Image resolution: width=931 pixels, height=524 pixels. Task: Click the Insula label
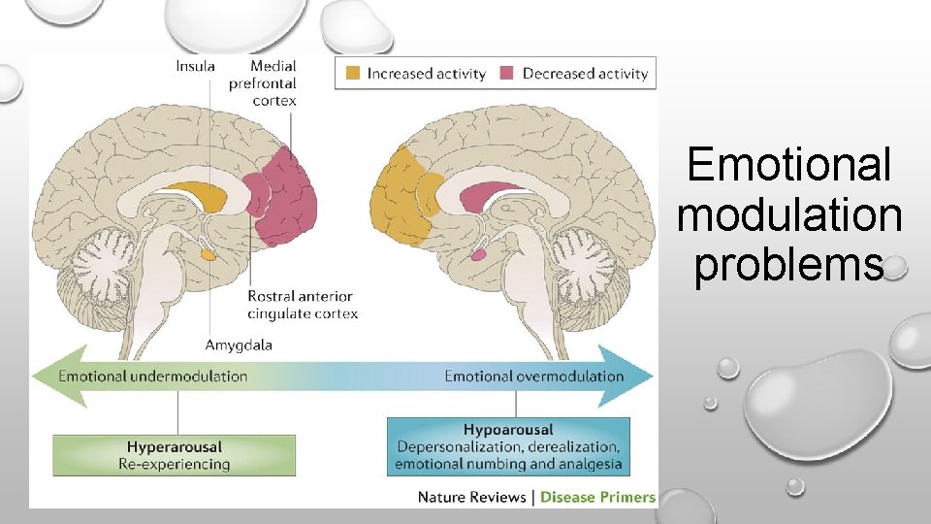click(x=195, y=66)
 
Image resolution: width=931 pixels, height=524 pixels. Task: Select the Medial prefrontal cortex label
click(x=273, y=82)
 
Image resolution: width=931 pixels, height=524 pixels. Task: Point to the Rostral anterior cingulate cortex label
click(x=302, y=305)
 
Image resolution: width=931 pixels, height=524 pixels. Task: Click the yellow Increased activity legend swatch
click(x=352, y=73)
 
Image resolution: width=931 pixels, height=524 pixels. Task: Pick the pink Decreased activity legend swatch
click(x=507, y=73)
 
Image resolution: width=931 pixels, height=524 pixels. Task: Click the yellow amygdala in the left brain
click(x=209, y=254)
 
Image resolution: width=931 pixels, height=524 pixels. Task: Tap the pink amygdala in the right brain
click(x=478, y=254)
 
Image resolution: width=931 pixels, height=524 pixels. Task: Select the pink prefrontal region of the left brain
click(x=289, y=194)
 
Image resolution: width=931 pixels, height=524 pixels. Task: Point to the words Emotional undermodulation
click(x=153, y=376)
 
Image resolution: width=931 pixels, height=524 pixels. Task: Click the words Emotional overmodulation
click(x=533, y=376)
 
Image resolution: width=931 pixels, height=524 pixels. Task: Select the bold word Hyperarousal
click(x=175, y=447)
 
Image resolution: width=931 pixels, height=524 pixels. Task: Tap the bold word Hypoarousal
click(x=508, y=429)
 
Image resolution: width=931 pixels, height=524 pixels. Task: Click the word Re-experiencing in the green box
click(x=175, y=464)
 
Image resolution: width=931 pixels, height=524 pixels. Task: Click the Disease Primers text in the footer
click(x=597, y=497)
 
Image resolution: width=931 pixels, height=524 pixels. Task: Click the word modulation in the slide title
click(x=789, y=214)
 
